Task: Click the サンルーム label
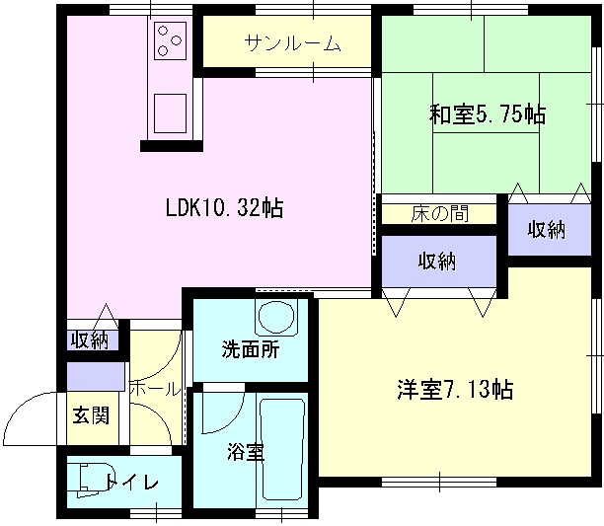tap(292, 43)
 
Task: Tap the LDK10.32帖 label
tap(225, 208)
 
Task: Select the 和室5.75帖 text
tap(488, 114)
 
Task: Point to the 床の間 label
tap(439, 213)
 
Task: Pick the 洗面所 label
tap(250, 348)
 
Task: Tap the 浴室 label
tap(245, 452)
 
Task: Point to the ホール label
tap(153, 389)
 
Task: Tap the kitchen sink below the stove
tap(170, 110)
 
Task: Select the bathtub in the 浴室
tap(282, 448)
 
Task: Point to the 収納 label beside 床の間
tap(545, 230)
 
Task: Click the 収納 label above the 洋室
tap(437, 262)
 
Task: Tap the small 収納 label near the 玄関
tap(90, 340)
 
